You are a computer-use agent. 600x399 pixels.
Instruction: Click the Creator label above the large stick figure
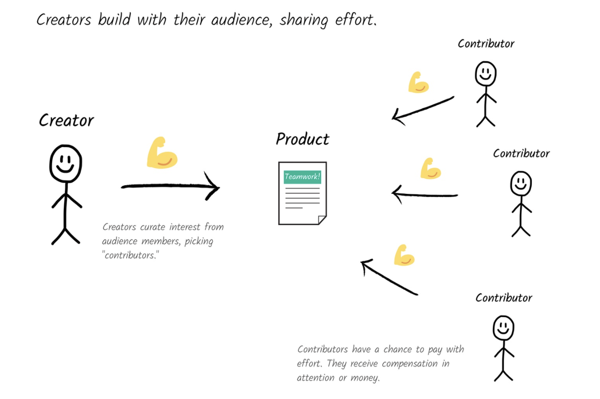[66, 120]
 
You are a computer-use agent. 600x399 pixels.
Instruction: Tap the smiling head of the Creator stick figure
[65, 164]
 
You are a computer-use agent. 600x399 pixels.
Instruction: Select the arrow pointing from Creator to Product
[170, 186]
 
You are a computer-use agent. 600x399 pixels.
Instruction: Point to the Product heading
[303, 139]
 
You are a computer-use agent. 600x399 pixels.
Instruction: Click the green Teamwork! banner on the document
[302, 177]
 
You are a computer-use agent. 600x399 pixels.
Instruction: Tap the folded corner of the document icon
[322, 219]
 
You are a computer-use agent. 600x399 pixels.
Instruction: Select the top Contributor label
[486, 44]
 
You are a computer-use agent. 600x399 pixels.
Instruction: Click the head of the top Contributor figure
[486, 74]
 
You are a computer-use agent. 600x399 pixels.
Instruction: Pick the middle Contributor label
[521, 154]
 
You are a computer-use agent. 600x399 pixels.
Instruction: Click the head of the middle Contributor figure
[521, 183]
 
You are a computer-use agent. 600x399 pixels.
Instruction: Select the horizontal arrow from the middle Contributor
[424, 194]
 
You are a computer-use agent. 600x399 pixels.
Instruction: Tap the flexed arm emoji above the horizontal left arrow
[430, 169]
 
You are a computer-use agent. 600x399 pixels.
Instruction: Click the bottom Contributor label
[504, 298]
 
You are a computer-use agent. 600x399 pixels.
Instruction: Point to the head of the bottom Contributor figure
[503, 327]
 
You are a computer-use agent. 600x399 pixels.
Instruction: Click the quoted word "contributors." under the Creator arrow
[130, 255]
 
